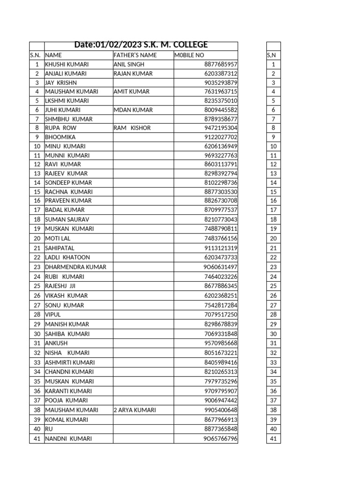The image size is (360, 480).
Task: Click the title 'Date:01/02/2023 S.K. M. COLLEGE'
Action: [x=141, y=45]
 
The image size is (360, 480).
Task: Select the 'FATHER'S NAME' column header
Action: [x=135, y=55]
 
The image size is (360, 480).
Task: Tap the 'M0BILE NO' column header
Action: [x=189, y=55]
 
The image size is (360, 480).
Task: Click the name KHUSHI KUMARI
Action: [x=67, y=64]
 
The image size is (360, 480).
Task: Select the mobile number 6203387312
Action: [x=221, y=74]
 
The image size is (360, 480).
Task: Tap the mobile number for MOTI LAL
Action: [x=221, y=238]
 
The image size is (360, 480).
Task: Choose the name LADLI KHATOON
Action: [x=67, y=257]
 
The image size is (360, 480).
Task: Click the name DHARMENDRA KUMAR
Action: [x=75, y=267]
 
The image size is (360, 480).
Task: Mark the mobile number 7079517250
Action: [x=221, y=315]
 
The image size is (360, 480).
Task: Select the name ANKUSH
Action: [x=56, y=343]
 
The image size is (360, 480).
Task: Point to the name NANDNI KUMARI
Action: [x=68, y=439]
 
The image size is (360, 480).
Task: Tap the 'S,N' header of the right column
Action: [x=271, y=55]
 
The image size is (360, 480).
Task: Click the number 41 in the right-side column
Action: [x=273, y=439]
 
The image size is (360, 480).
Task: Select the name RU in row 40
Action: [x=49, y=429]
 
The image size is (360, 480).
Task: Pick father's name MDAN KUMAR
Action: [x=133, y=110]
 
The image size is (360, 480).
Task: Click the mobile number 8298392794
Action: [x=221, y=173]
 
